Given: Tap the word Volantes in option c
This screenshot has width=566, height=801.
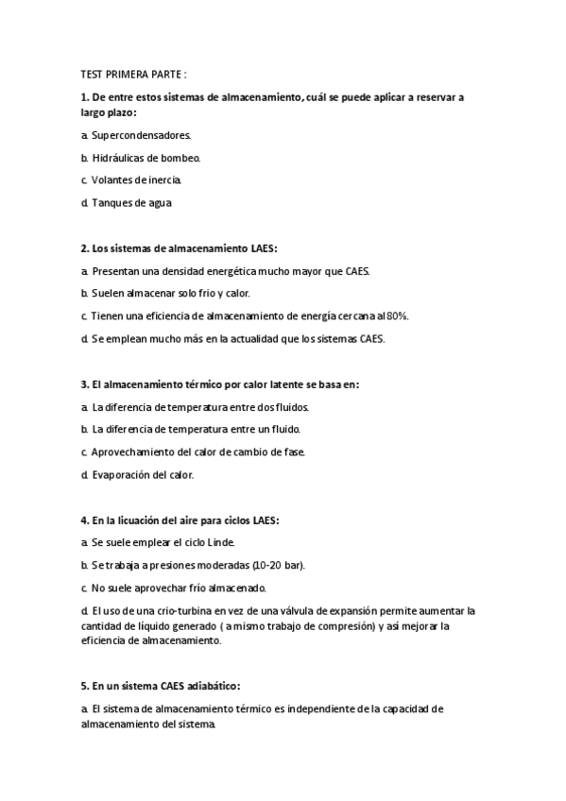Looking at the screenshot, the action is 113,179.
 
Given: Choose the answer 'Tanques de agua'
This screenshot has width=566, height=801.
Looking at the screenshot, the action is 131,202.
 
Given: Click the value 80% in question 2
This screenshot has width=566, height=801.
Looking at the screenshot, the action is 397,315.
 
